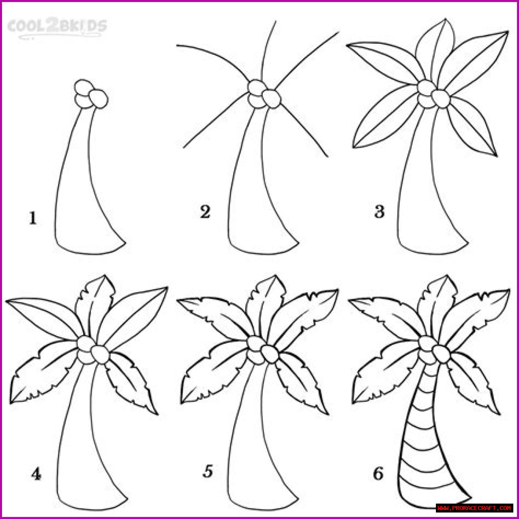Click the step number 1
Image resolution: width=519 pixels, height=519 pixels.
pyautogui.click(x=33, y=218)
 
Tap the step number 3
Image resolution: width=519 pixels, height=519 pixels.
pyautogui.click(x=379, y=212)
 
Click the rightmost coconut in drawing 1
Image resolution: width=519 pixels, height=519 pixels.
pyautogui.click(x=99, y=99)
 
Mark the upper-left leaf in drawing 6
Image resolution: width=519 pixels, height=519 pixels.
pyautogui.click(x=385, y=318)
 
